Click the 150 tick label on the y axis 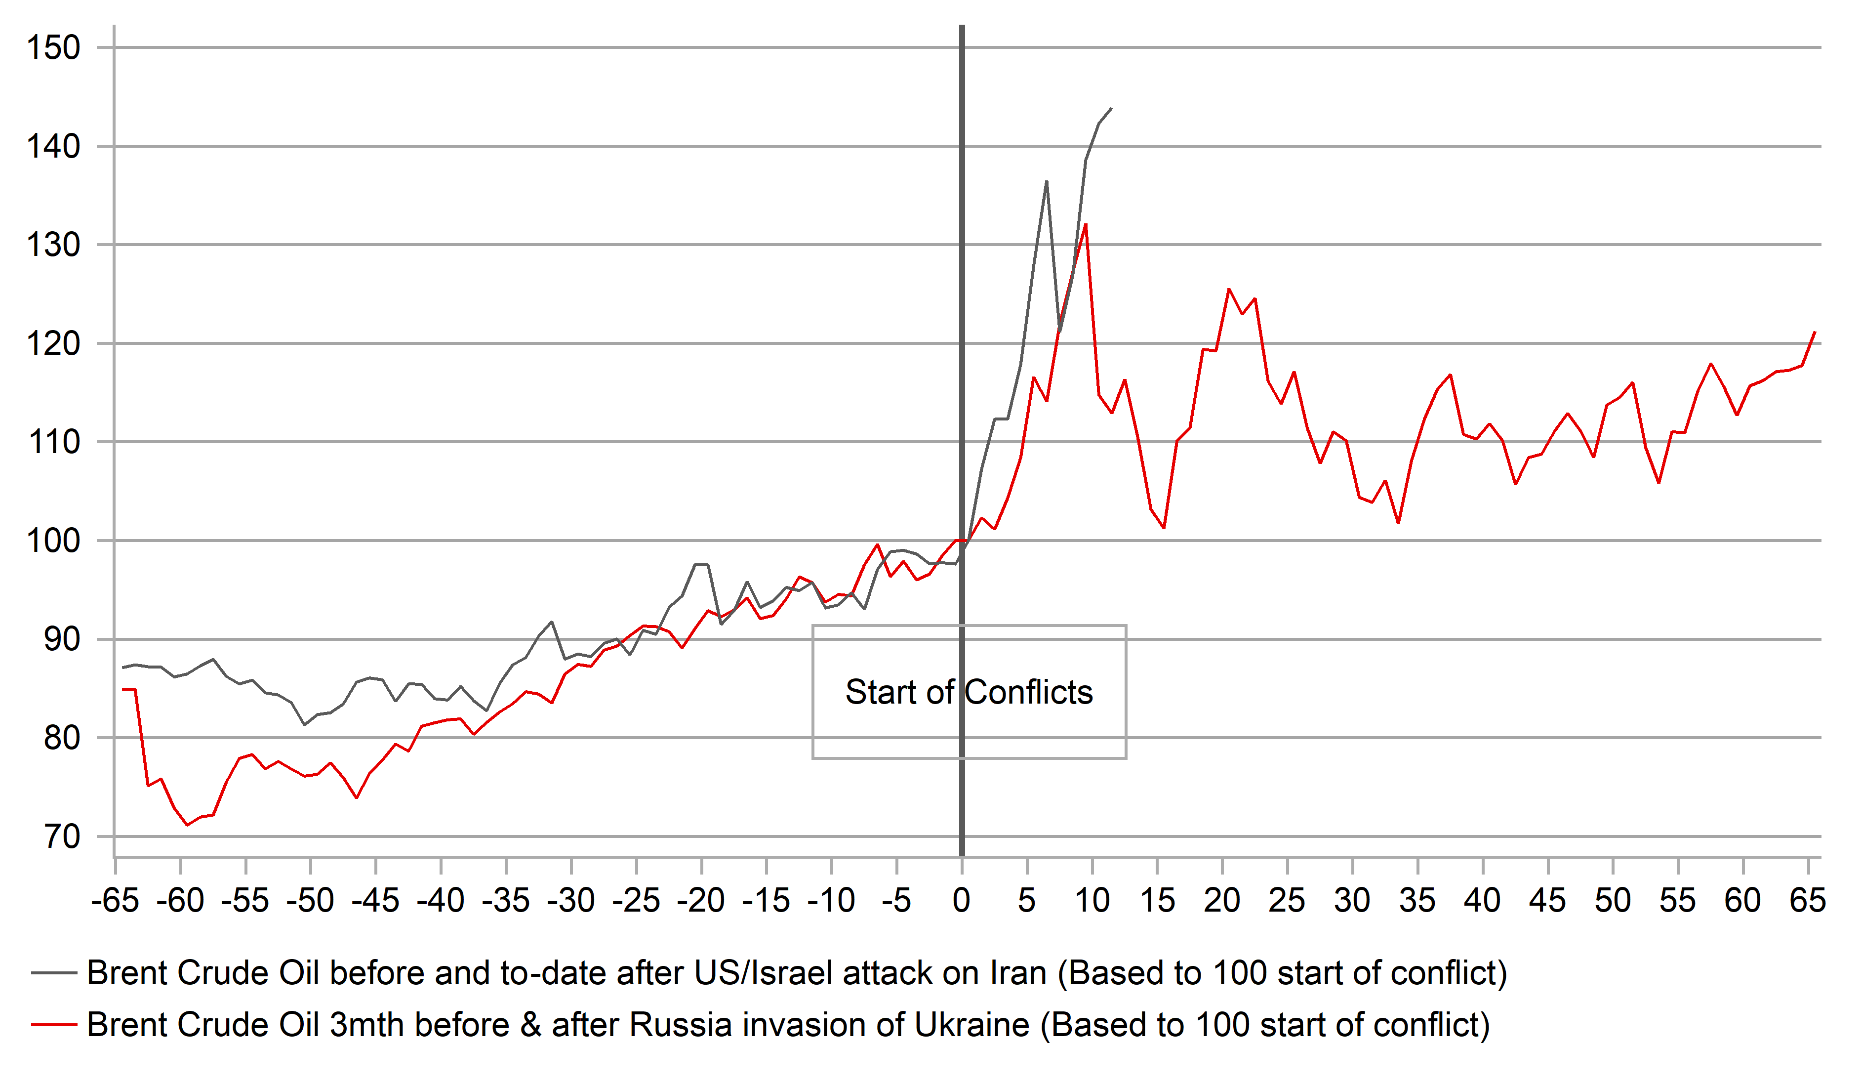click(x=53, y=48)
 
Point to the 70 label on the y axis click(x=62, y=837)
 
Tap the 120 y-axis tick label click(x=53, y=343)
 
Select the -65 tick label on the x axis click(x=115, y=901)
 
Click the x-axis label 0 click(x=961, y=901)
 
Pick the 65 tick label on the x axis click(x=1807, y=901)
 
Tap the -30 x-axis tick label click(x=571, y=901)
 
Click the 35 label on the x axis click(x=1417, y=901)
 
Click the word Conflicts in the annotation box click(x=1029, y=692)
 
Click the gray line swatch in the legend click(x=54, y=973)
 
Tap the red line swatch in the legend click(x=54, y=1025)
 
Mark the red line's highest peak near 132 click(x=1086, y=225)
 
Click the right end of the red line click(x=1815, y=333)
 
